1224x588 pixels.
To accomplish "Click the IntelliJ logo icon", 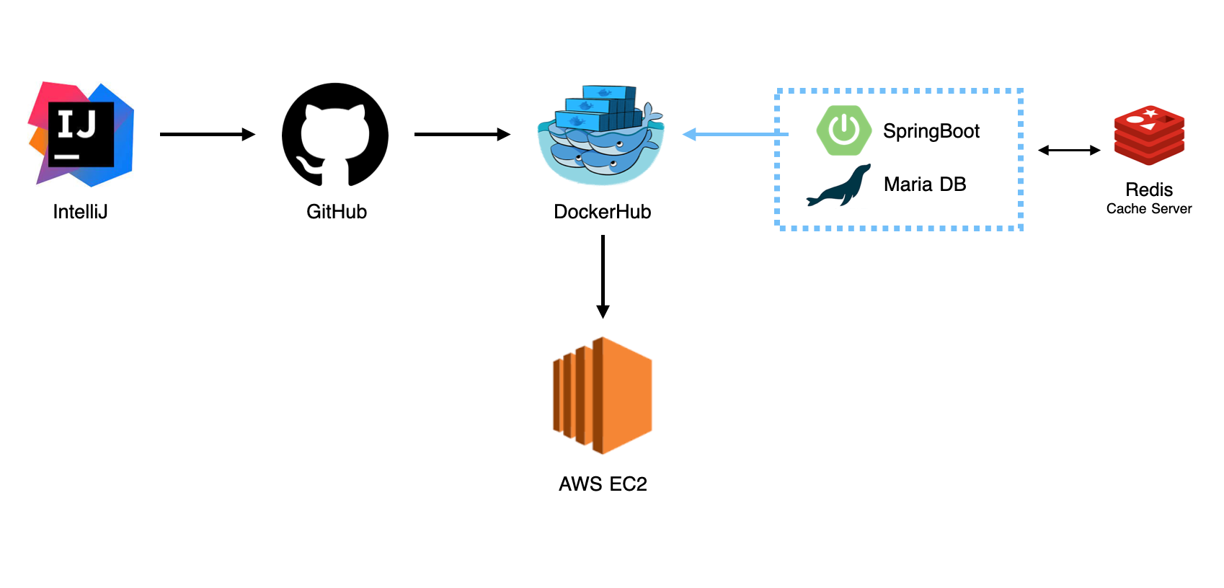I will point(81,134).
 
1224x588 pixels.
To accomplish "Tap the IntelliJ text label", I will point(80,212).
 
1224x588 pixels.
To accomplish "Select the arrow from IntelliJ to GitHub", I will point(207,134).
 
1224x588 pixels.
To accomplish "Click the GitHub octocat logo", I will point(335,135).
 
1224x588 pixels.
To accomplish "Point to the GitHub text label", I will point(337,212).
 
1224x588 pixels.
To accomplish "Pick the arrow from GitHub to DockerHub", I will point(461,134).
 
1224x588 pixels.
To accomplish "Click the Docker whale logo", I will point(600,137).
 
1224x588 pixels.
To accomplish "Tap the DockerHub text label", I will point(602,212).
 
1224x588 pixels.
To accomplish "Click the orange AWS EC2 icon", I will point(603,396).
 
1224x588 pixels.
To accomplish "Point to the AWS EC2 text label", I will point(603,484).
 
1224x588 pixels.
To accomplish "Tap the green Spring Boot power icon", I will point(843,130).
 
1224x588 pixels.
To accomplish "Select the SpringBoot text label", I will point(931,131).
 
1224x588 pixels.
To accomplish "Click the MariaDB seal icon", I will point(839,187).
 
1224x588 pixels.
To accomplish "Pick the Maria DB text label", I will point(925,184).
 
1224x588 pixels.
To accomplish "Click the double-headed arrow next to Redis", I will point(1069,151).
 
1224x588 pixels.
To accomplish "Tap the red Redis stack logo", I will point(1149,136).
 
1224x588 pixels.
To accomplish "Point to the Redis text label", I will point(1149,190).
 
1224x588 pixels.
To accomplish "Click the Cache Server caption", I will point(1149,209).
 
